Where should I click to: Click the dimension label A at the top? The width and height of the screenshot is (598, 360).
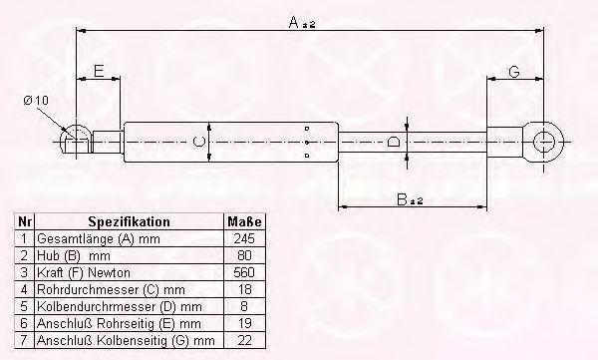(302, 22)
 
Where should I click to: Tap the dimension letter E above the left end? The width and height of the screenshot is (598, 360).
(99, 71)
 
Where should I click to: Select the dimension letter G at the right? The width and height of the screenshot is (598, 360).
(514, 72)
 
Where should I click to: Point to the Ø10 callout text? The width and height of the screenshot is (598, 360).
(36, 101)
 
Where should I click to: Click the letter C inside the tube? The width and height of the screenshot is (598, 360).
(199, 142)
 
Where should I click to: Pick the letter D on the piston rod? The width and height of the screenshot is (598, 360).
(394, 142)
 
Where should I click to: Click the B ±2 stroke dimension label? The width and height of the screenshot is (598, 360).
(410, 198)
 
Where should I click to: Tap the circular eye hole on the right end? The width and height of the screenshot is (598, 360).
(543, 142)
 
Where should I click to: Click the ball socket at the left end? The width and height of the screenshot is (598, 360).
(77, 139)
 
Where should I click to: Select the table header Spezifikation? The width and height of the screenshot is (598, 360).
(129, 221)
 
